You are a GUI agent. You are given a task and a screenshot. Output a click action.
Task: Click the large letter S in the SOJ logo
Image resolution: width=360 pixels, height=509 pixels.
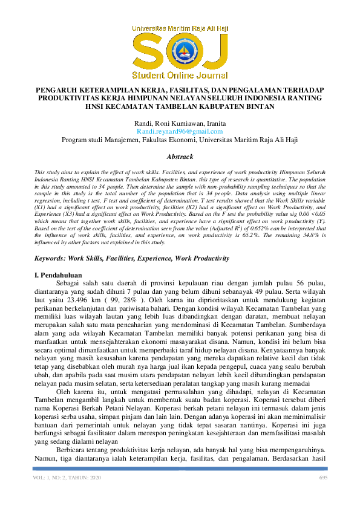[x=148, y=53]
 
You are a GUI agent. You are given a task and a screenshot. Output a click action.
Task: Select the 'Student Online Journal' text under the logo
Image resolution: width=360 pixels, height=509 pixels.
[x=180, y=76]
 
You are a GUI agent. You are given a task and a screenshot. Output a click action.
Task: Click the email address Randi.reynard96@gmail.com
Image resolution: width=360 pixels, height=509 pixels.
[x=180, y=131]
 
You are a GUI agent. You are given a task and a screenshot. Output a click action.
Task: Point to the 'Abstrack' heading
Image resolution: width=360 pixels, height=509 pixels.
[x=180, y=155]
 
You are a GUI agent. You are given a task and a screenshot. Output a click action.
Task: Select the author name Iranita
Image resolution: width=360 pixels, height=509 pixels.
[x=218, y=123]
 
